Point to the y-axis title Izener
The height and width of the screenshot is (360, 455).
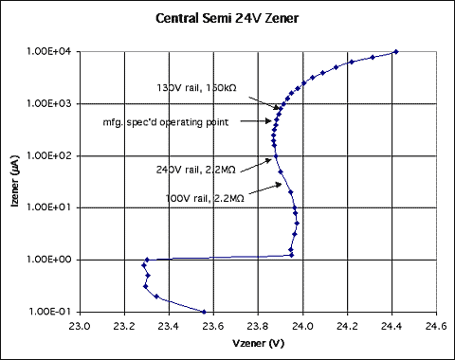tap(13, 181)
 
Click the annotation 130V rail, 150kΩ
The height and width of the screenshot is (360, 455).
tap(196, 87)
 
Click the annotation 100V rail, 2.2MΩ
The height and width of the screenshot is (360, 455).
tap(205, 199)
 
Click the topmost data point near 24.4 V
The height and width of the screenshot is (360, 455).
tap(395, 52)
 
